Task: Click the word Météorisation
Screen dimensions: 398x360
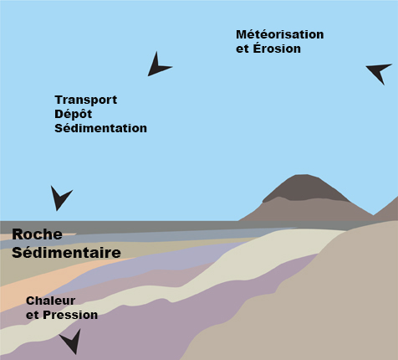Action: [280, 34]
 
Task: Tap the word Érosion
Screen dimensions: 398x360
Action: [277, 48]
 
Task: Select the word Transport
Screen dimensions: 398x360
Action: [86, 100]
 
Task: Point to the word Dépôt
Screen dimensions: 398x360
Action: [73, 114]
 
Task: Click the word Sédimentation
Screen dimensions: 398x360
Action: [100, 128]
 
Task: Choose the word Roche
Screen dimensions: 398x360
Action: [37, 234]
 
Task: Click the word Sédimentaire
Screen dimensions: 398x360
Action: [66, 252]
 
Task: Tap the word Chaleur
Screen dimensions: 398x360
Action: [51, 301]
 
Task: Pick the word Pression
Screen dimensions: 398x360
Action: [70, 315]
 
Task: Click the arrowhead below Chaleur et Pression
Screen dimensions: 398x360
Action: [72, 342]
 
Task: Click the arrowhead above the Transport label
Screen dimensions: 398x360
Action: [157, 65]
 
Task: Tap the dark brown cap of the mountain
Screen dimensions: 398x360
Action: [305, 188]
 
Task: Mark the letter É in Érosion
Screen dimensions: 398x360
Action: [257, 48]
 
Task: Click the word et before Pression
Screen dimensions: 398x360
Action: [33, 316]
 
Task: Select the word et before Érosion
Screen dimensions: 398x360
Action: [242, 49]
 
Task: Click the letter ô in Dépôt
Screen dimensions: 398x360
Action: [83, 114]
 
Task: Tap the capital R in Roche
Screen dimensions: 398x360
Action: [18, 234]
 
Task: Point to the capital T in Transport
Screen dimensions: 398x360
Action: [59, 100]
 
